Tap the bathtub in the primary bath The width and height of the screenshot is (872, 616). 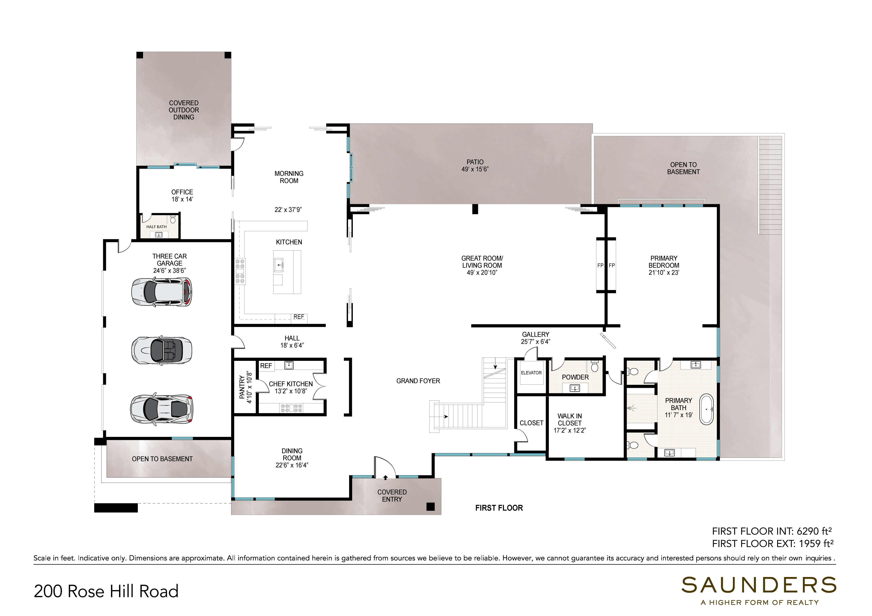coord(706,409)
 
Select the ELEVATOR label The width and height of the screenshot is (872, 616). coord(531,373)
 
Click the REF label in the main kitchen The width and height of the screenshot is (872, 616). coord(299,317)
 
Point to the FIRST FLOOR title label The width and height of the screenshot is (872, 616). coord(499,508)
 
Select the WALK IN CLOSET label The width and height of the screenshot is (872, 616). coord(570,419)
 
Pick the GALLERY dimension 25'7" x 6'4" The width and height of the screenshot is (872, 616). coord(536,342)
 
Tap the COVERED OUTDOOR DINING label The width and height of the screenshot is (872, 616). coord(184,110)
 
